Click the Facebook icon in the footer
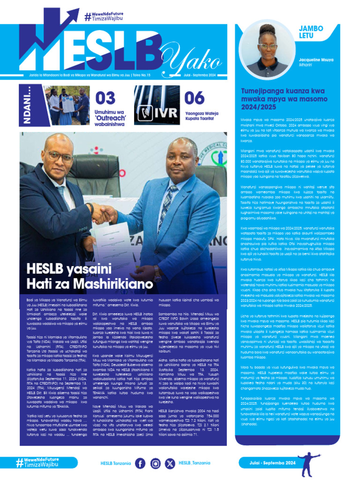pos(140,464)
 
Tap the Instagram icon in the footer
pos(156,464)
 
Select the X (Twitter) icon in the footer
pos(170,464)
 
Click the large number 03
pos(105,98)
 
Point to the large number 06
pos(194,98)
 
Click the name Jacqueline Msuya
pos(317,60)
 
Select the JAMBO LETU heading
pos(311,32)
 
